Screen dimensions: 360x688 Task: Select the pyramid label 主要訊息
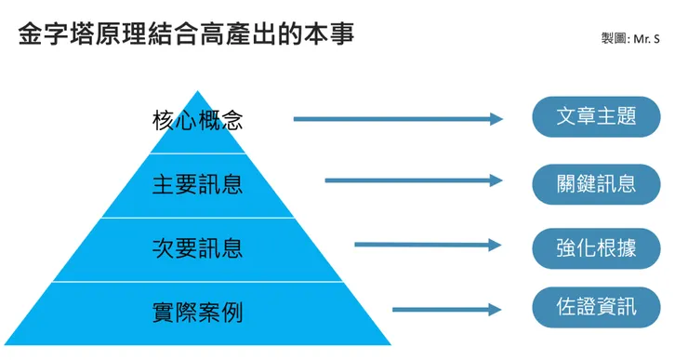(197, 183)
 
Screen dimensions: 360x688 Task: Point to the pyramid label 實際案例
(197, 312)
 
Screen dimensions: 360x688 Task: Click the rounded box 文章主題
(596, 117)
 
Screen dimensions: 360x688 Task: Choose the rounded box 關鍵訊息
(596, 183)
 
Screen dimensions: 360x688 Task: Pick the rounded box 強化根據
(596, 247)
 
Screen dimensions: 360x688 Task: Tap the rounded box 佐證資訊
(596, 307)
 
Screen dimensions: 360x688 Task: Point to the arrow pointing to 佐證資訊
(447, 310)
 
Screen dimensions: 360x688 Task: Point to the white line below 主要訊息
(197, 217)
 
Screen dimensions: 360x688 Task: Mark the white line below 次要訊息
(197, 281)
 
